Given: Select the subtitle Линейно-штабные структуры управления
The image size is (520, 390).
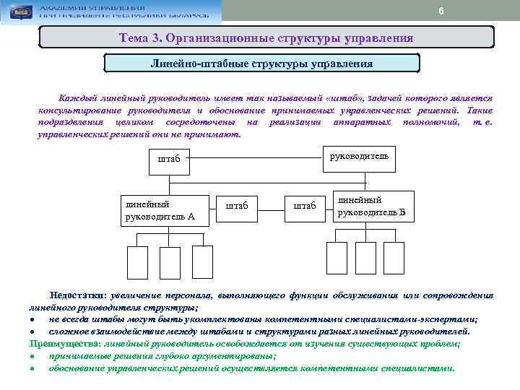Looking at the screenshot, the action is (x=261, y=63).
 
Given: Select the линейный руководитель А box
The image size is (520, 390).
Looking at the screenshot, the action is (x=164, y=209).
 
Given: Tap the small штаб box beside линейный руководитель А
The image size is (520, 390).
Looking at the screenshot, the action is (x=237, y=206).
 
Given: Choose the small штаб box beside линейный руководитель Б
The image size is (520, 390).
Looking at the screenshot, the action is (x=305, y=206).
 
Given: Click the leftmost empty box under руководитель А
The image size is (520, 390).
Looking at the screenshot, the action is (x=136, y=262).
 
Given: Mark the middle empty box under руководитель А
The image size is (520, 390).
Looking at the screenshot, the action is (x=169, y=262).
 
